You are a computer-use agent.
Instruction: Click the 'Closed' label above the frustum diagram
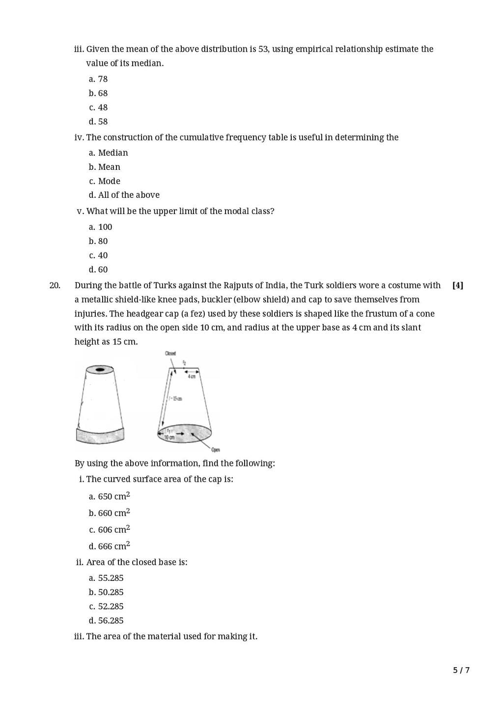[170, 354]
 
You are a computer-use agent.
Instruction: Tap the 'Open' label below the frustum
[216, 449]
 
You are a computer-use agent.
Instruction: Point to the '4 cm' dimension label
[192, 377]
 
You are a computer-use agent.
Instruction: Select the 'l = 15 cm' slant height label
[175, 398]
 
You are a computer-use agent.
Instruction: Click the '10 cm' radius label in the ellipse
[169, 437]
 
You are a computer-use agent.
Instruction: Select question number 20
[55, 285]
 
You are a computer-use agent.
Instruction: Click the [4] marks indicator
[457, 285]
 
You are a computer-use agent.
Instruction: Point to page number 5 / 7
[461, 670]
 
